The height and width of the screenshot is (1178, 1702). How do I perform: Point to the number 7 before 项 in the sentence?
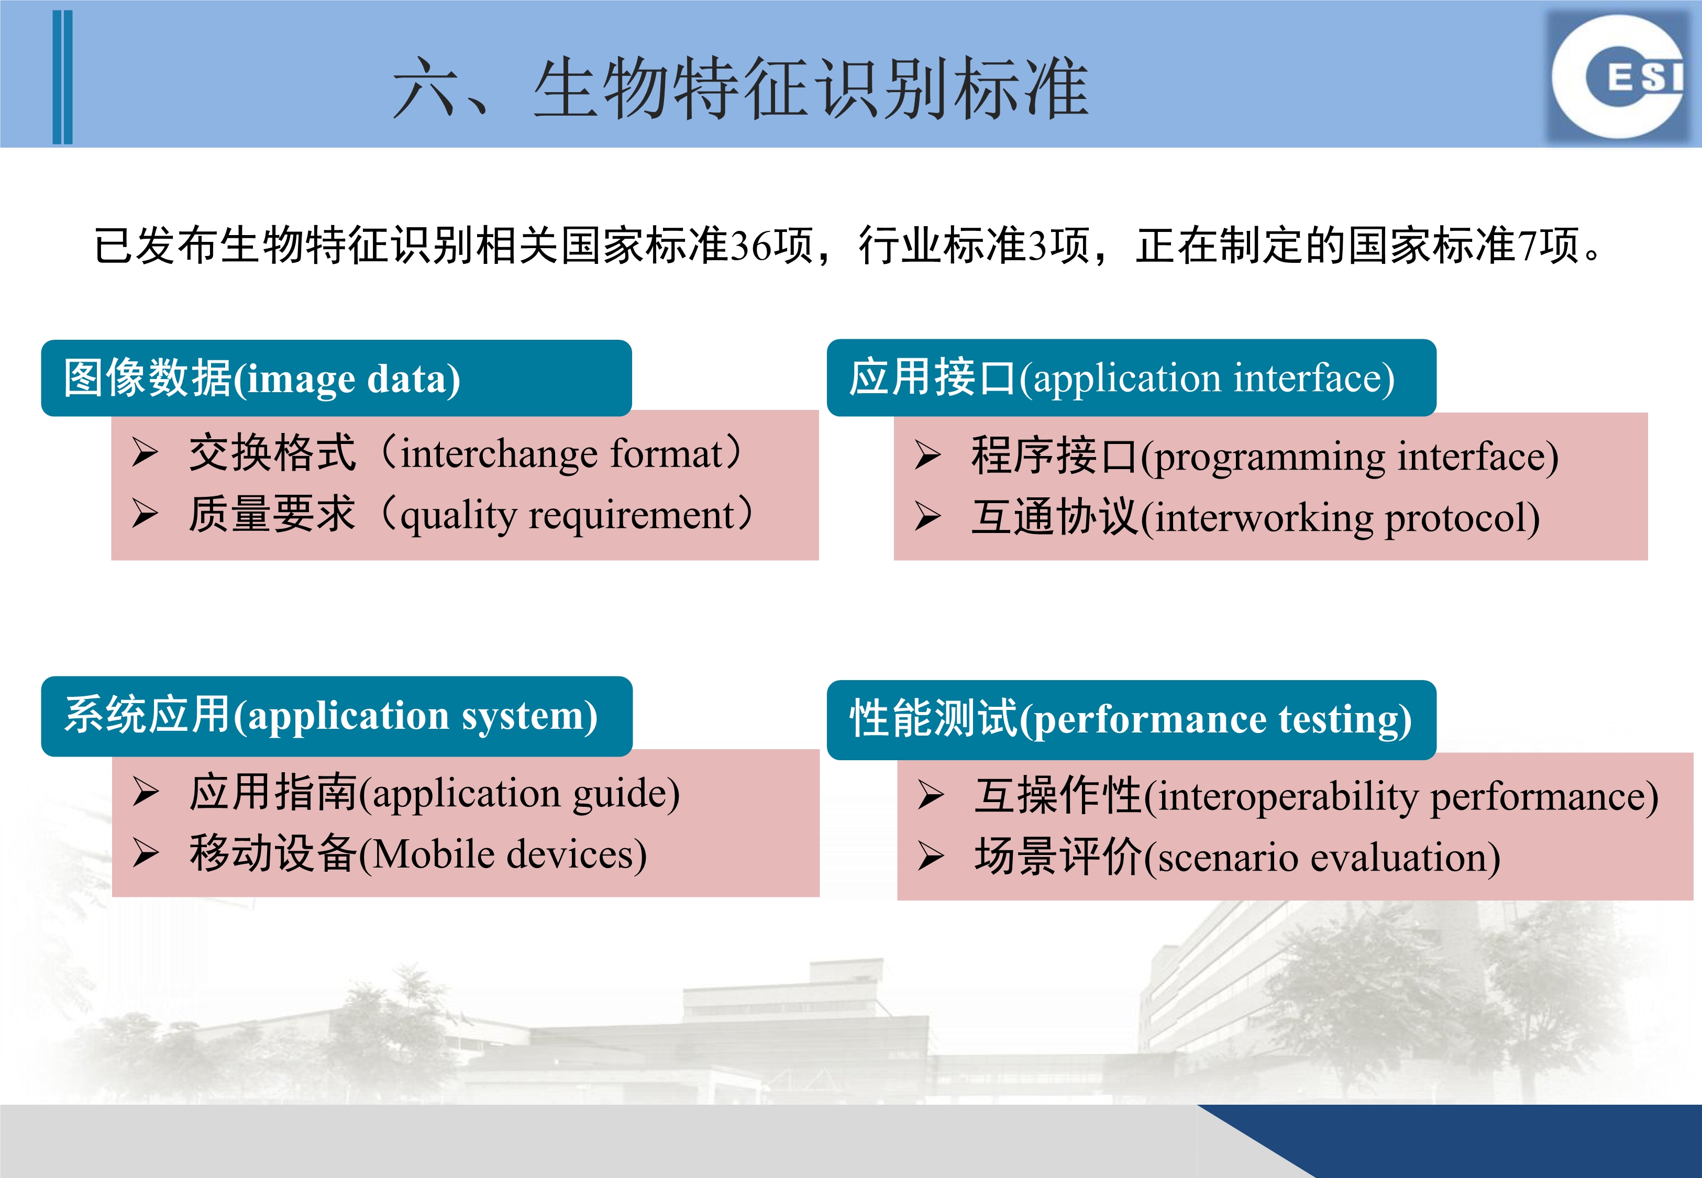(1527, 245)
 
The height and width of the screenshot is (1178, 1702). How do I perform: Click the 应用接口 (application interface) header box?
(1132, 378)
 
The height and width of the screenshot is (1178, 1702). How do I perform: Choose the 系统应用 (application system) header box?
(337, 716)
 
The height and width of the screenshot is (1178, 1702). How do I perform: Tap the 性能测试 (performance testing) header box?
(1132, 720)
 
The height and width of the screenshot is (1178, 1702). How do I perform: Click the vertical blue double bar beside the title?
(63, 77)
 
